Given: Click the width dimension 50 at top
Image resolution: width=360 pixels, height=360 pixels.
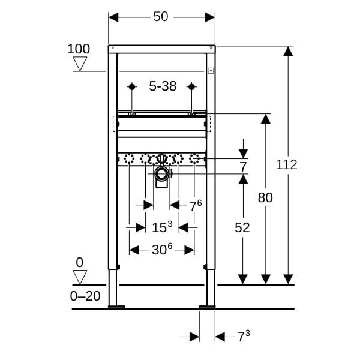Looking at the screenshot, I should click(x=161, y=17).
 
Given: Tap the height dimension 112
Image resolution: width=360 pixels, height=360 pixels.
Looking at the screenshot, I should click(x=287, y=164).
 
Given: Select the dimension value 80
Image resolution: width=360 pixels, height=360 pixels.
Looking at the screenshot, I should click(x=265, y=197).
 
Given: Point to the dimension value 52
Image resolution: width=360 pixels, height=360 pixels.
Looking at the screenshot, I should click(x=242, y=227).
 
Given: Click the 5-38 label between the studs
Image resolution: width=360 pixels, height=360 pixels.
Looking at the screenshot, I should click(x=163, y=86).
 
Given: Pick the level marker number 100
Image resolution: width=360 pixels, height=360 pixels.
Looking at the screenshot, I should click(x=79, y=49).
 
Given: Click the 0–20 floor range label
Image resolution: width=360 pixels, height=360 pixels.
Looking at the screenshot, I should click(x=86, y=295).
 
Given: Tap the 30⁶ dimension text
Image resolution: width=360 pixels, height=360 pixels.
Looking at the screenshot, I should click(x=161, y=250).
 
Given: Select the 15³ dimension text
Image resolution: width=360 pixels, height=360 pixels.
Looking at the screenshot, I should click(x=161, y=227).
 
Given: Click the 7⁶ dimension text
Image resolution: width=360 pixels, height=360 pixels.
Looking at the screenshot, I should click(x=195, y=206).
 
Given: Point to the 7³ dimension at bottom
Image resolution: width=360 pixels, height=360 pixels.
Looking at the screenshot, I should click(x=243, y=337).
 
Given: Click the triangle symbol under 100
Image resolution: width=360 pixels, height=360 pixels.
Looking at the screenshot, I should click(x=79, y=64).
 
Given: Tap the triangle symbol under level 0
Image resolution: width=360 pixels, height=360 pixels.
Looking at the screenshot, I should click(x=79, y=277).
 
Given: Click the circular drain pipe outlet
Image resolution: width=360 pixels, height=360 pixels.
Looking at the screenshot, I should click(x=161, y=175).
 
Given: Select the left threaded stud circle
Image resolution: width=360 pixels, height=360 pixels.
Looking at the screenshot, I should click(x=131, y=87).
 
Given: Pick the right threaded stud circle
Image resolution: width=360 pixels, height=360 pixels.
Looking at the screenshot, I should click(x=191, y=87).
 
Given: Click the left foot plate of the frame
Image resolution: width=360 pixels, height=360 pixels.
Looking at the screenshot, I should click(x=116, y=307).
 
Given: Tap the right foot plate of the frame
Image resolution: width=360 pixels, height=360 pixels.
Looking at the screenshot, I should click(x=207, y=307).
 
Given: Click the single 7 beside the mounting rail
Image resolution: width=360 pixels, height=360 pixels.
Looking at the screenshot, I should click(x=243, y=167).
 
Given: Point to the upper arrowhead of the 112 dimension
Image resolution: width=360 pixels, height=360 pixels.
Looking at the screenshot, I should click(x=288, y=51).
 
